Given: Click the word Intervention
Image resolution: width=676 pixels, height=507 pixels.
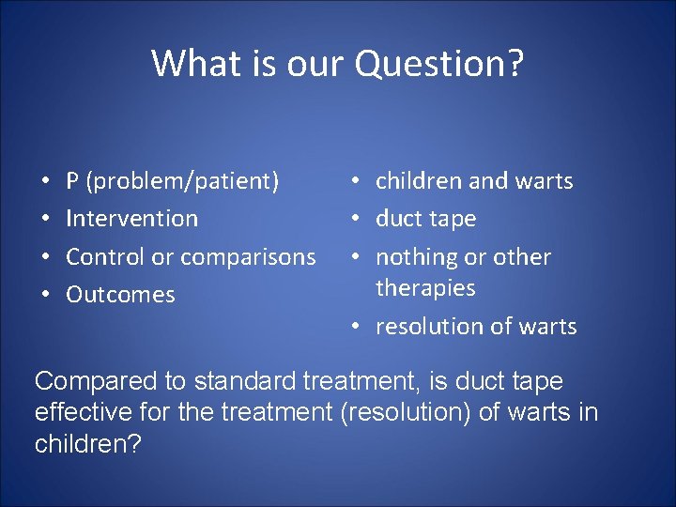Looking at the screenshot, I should click(132, 219).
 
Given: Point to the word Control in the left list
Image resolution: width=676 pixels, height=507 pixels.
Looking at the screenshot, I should click(101, 256).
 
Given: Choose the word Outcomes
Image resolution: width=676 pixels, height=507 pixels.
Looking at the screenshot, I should click(120, 295).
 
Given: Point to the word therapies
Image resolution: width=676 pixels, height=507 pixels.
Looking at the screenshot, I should click(425, 287).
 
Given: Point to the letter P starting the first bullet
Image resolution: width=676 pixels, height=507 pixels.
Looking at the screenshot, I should click(72, 180).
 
